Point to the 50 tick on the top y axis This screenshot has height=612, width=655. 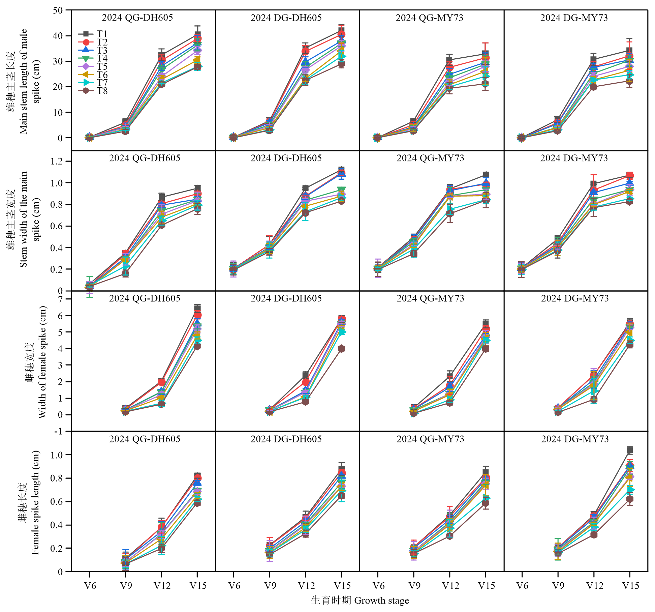click(x=58, y=10)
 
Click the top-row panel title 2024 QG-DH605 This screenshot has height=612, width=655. click(x=137, y=18)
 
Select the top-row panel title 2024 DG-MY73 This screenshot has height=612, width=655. click(x=574, y=18)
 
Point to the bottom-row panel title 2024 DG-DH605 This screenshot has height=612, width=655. click(x=286, y=439)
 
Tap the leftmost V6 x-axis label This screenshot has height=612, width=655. click(x=90, y=585)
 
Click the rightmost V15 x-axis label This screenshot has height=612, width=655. click(x=630, y=585)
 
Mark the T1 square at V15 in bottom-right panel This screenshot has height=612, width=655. click(x=630, y=450)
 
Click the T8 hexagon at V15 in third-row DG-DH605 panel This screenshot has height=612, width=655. click(x=342, y=349)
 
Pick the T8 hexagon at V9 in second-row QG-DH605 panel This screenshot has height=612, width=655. click(x=125, y=273)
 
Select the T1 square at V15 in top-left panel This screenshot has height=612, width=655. click(x=197, y=34)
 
